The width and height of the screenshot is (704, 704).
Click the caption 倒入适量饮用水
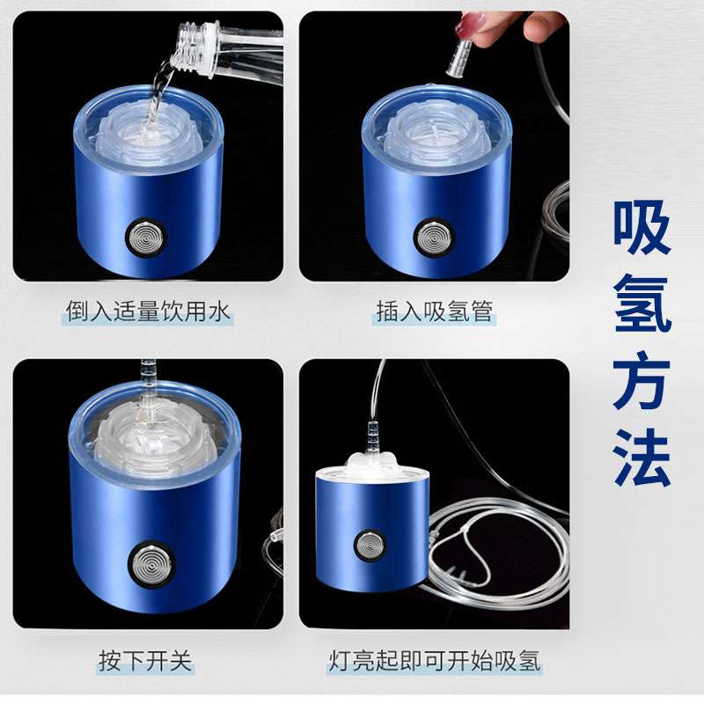(x=148, y=312)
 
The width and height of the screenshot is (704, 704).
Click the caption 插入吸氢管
(x=434, y=312)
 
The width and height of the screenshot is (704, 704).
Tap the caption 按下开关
(x=145, y=661)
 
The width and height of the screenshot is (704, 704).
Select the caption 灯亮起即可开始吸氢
(x=434, y=661)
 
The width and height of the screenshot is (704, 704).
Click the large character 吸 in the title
(x=642, y=228)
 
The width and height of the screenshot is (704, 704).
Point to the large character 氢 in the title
(x=642, y=304)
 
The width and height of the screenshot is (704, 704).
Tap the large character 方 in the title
(x=642, y=380)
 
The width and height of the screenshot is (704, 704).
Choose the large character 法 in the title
(x=642, y=457)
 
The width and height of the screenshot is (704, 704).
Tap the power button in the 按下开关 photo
(x=151, y=562)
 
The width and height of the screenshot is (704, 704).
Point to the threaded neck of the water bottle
(x=194, y=48)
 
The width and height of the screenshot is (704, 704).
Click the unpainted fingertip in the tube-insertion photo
(x=541, y=26)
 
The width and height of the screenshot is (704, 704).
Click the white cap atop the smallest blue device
(x=371, y=468)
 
